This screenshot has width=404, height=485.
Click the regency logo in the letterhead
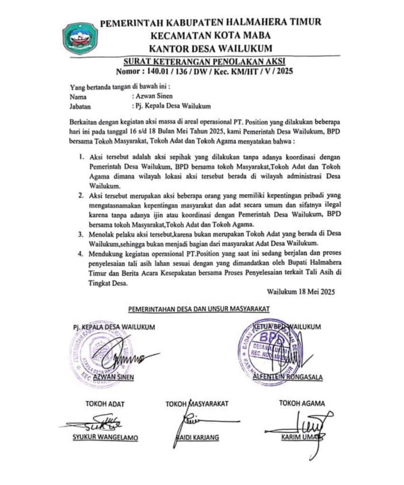[x=80, y=38]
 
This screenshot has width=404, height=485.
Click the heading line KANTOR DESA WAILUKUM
[x=210, y=48]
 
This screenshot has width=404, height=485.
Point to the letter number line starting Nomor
[x=206, y=72]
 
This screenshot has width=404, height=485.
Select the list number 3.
[x=81, y=234]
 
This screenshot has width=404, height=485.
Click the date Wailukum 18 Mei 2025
[x=301, y=292]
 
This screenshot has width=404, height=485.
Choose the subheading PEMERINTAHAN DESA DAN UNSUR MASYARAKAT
[x=199, y=309]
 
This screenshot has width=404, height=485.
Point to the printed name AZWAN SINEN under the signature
[x=114, y=377]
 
